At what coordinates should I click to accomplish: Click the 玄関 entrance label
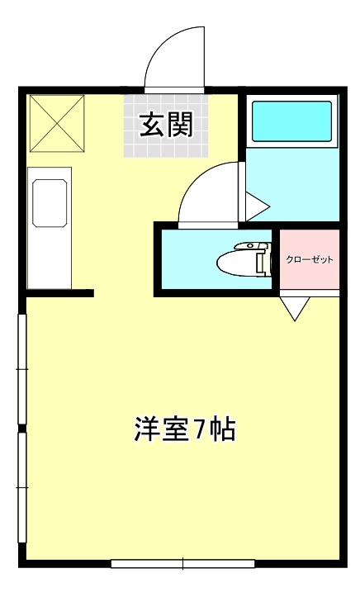(x=165, y=125)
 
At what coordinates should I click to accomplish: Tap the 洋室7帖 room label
(x=185, y=429)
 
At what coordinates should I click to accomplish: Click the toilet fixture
(x=244, y=262)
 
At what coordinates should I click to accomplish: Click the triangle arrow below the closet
(x=295, y=307)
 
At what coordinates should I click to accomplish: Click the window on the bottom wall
(x=181, y=564)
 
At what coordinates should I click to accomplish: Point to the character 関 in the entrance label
(x=179, y=125)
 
